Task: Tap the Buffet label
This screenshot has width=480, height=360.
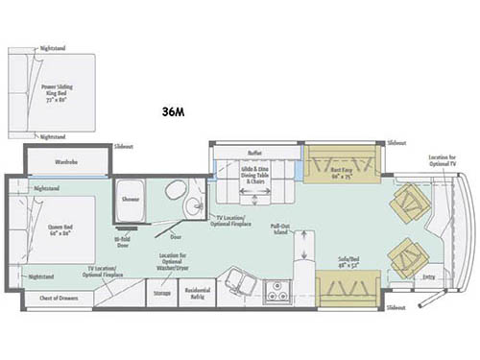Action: pos(253,152)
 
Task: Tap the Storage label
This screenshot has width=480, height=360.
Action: pos(162,292)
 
